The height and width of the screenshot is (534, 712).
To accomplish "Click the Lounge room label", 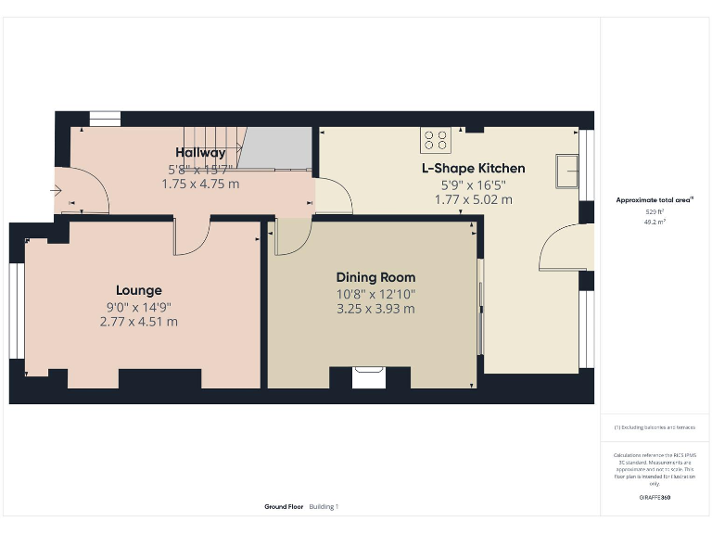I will (x=139, y=290).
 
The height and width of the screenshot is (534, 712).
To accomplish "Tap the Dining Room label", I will (x=375, y=277).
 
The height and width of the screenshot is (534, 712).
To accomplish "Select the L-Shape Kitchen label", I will (x=473, y=168).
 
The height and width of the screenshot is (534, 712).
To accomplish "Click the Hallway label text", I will (x=200, y=153).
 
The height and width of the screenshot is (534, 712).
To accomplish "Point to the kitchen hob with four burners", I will (x=435, y=139).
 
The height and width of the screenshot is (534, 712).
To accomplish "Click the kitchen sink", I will (x=566, y=171).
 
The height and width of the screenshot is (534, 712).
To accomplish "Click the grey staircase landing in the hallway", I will (x=276, y=148).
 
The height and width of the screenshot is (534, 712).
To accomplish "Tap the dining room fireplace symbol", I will (x=369, y=377).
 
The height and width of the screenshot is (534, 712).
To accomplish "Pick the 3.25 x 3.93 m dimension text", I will (x=375, y=309).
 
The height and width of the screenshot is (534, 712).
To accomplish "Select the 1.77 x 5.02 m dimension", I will (x=473, y=199).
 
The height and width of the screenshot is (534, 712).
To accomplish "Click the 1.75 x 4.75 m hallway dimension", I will (x=200, y=184).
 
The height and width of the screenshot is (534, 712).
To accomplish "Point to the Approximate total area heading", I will (x=655, y=199).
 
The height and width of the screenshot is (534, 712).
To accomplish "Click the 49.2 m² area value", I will (x=655, y=222).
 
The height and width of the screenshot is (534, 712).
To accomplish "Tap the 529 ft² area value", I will (x=655, y=212).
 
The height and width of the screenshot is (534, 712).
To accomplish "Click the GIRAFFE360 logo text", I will (x=655, y=498).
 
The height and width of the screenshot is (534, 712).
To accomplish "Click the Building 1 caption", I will (x=324, y=507).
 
